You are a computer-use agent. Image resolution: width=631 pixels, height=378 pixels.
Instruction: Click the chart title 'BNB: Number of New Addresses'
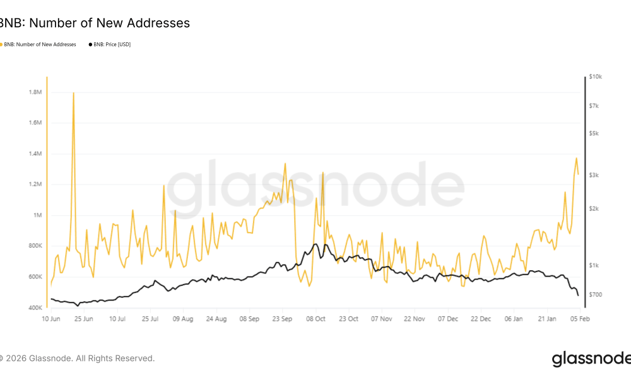point(95,23)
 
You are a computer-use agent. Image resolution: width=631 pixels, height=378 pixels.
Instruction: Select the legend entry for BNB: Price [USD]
point(111,45)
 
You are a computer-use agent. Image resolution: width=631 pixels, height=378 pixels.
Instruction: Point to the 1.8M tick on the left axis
point(35,92)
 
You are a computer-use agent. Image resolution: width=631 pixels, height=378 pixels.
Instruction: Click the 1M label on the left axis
point(37,215)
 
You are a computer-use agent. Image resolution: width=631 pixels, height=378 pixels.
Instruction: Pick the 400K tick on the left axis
point(34,308)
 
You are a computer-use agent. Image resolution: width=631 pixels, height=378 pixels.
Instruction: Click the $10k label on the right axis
point(596,76)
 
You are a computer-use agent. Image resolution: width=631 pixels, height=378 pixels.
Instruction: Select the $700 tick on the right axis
point(595,295)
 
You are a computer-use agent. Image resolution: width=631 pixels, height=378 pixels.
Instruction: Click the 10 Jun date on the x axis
point(51,319)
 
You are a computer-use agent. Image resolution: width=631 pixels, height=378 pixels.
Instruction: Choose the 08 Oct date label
point(315,319)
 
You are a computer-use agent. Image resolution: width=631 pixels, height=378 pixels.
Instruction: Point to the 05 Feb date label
point(579,319)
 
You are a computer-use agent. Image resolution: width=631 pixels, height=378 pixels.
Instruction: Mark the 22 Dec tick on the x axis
point(481,319)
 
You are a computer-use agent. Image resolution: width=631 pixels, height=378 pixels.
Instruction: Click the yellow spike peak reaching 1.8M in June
point(74,93)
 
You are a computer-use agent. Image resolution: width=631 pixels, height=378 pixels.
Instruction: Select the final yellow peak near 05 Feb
point(576,158)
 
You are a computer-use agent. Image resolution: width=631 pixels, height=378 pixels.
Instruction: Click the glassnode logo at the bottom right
point(591,359)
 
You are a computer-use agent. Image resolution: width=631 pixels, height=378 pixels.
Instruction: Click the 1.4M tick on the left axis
point(35,154)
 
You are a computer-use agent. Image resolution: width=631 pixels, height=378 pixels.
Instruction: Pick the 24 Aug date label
point(216,319)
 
